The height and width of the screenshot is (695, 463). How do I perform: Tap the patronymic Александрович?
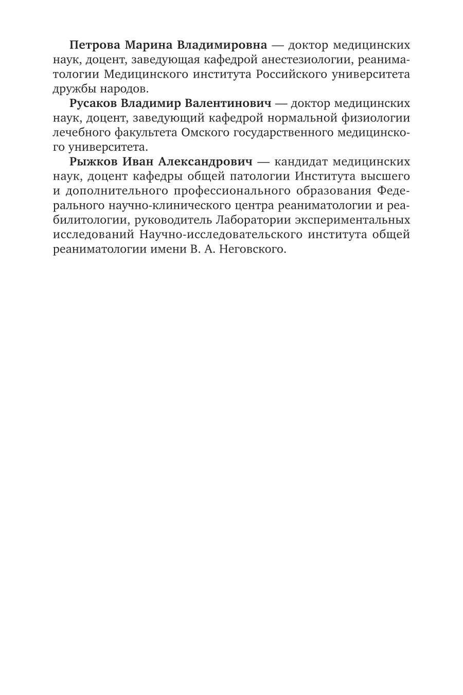205,163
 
